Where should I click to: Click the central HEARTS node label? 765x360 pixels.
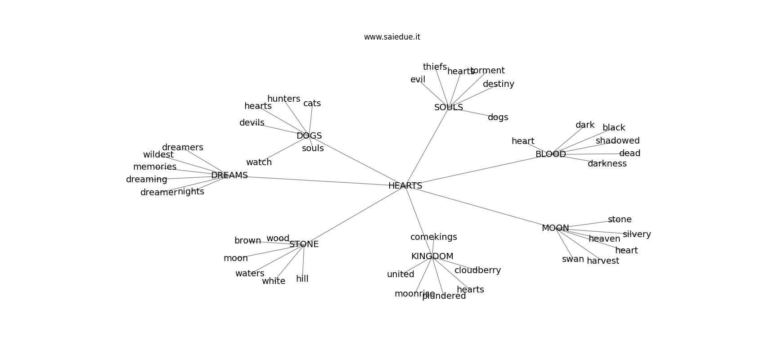pyautogui.click(x=405, y=185)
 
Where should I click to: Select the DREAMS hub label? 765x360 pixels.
pyautogui.click(x=229, y=175)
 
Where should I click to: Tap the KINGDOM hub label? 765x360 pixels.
pyautogui.click(x=432, y=256)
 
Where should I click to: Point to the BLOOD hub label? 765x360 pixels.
pyautogui.click(x=550, y=154)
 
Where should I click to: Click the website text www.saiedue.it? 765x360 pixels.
pyautogui.click(x=392, y=37)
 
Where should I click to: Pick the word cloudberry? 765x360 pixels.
pyautogui.click(x=477, y=270)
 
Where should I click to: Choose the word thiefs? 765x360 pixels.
pyautogui.click(x=435, y=67)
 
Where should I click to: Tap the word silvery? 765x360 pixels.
pyautogui.click(x=637, y=234)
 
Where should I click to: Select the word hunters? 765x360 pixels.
pyautogui.click(x=283, y=99)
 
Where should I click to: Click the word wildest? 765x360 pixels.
pyautogui.click(x=158, y=155)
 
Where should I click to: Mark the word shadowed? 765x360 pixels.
pyautogui.click(x=617, y=141)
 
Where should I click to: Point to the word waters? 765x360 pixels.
pyautogui.click(x=250, y=274)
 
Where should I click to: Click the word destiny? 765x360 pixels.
pyautogui.click(x=498, y=84)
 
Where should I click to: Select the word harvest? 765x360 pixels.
pyautogui.click(x=603, y=261)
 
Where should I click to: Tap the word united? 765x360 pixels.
pyautogui.click(x=400, y=274)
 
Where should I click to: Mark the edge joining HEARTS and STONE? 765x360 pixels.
pyautogui.click(x=355, y=215)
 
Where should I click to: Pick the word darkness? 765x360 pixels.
pyautogui.click(x=607, y=164)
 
